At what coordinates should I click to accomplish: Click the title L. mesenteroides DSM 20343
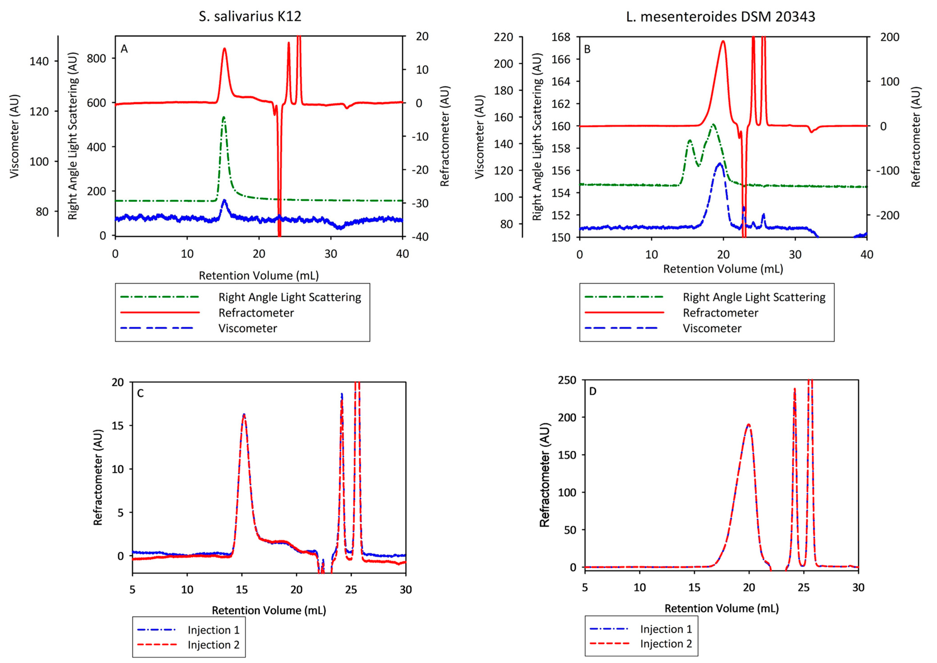tap(720, 16)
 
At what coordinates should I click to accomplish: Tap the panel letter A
tap(124, 49)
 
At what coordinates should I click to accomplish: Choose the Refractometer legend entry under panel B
tap(720, 313)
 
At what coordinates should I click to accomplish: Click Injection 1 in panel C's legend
tap(213, 630)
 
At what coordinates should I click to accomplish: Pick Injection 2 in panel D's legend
tap(666, 644)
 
